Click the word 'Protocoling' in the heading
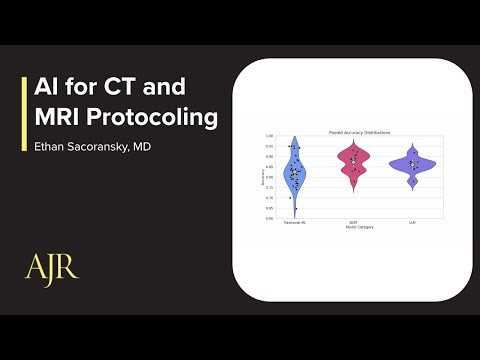pyautogui.click(x=158, y=118)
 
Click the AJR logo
pyautogui.click(x=51, y=268)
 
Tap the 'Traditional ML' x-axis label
pyautogui.click(x=294, y=222)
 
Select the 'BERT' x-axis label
pyautogui.click(x=353, y=222)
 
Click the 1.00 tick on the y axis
pyautogui.click(x=270, y=137)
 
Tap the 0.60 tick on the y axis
pyautogui.click(x=270, y=217)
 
